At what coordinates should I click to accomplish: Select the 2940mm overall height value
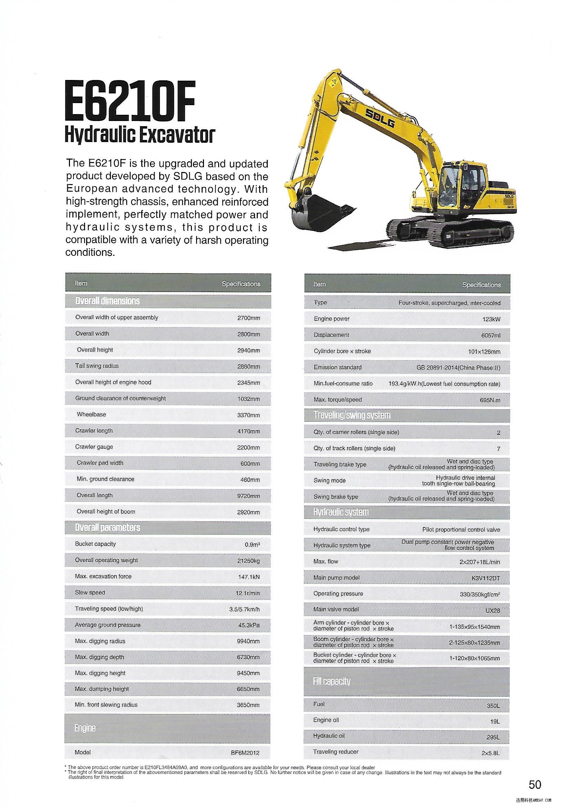click(x=248, y=350)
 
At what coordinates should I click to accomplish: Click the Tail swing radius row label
click(x=97, y=366)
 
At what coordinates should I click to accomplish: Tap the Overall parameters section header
click(x=108, y=527)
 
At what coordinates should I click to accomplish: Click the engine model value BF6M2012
click(x=245, y=753)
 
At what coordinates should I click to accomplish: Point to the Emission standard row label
click(x=337, y=367)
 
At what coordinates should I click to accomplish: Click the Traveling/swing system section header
click(x=352, y=416)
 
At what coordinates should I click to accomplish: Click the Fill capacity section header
click(x=331, y=682)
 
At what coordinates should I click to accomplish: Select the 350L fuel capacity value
click(x=493, y=705)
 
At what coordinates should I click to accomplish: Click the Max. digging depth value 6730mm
click(x=248, y=657)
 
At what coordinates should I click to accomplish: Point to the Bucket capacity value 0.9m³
click(x=252, y=545)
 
